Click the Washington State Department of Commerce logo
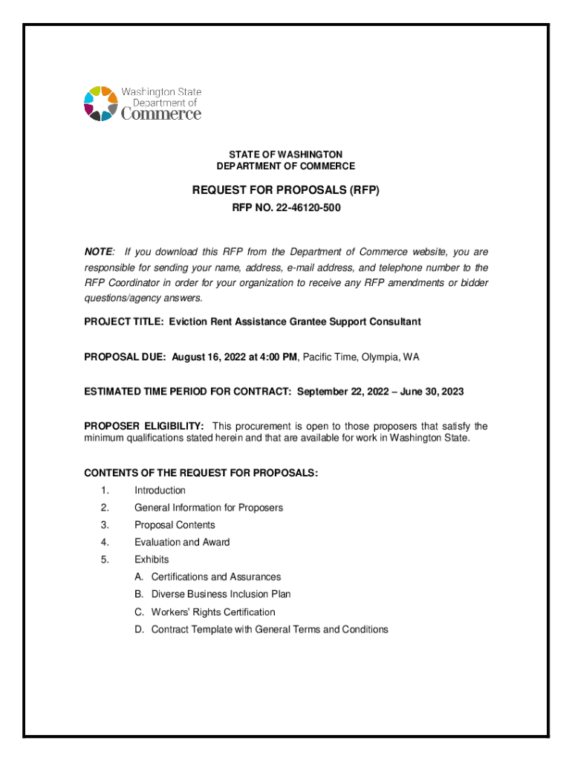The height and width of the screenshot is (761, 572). (142, 104)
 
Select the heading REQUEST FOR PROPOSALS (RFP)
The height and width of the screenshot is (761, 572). (286, 190)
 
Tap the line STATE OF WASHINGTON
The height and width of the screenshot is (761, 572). (286, 154)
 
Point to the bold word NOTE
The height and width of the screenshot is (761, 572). (98, 253)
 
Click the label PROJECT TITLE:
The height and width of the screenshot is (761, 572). (123, 322)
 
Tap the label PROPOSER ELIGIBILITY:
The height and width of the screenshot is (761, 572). (144, 427)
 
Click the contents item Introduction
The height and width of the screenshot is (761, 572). (160, 490)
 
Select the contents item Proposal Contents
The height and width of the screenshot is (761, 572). (175, 525)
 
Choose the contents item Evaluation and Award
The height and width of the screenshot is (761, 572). (182, 543)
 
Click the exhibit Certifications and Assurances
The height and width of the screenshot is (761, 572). (216, 577)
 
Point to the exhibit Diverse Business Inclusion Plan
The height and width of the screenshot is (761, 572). (221, 595)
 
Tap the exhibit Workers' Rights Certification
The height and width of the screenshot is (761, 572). (213, 612)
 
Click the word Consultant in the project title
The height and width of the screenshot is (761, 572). (394, 322)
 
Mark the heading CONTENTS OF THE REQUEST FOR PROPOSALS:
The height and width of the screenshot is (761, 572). (201, 473)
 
